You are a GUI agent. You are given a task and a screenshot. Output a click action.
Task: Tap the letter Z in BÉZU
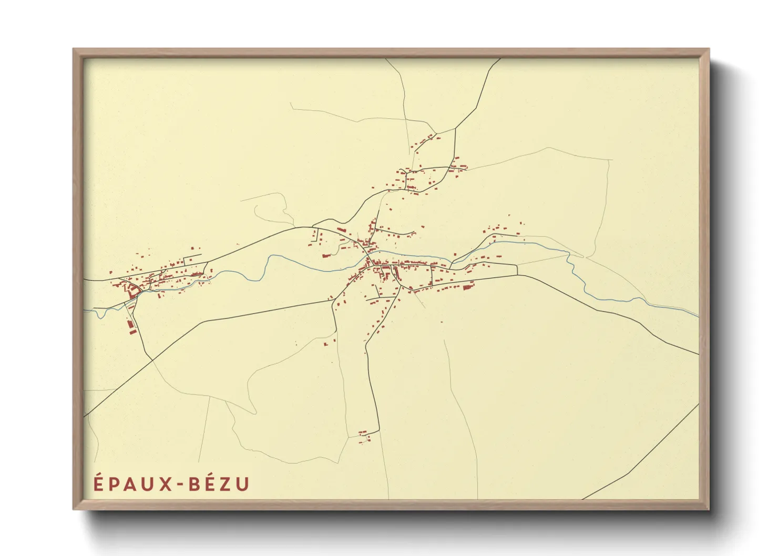[224, 484]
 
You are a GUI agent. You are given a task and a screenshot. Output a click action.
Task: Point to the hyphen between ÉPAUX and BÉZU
[179, 485]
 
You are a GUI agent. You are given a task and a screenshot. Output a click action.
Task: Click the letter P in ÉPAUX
[112, 484]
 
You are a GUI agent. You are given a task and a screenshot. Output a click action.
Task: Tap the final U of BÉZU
[242, 484]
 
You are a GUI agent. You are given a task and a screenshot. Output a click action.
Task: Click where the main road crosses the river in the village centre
[368, 259]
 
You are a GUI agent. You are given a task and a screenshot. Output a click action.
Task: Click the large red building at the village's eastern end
[467, 287]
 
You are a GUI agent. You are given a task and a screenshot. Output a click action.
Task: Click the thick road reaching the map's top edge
[499, 60]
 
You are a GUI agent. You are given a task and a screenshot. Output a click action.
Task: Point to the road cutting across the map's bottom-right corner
[641, 457]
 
